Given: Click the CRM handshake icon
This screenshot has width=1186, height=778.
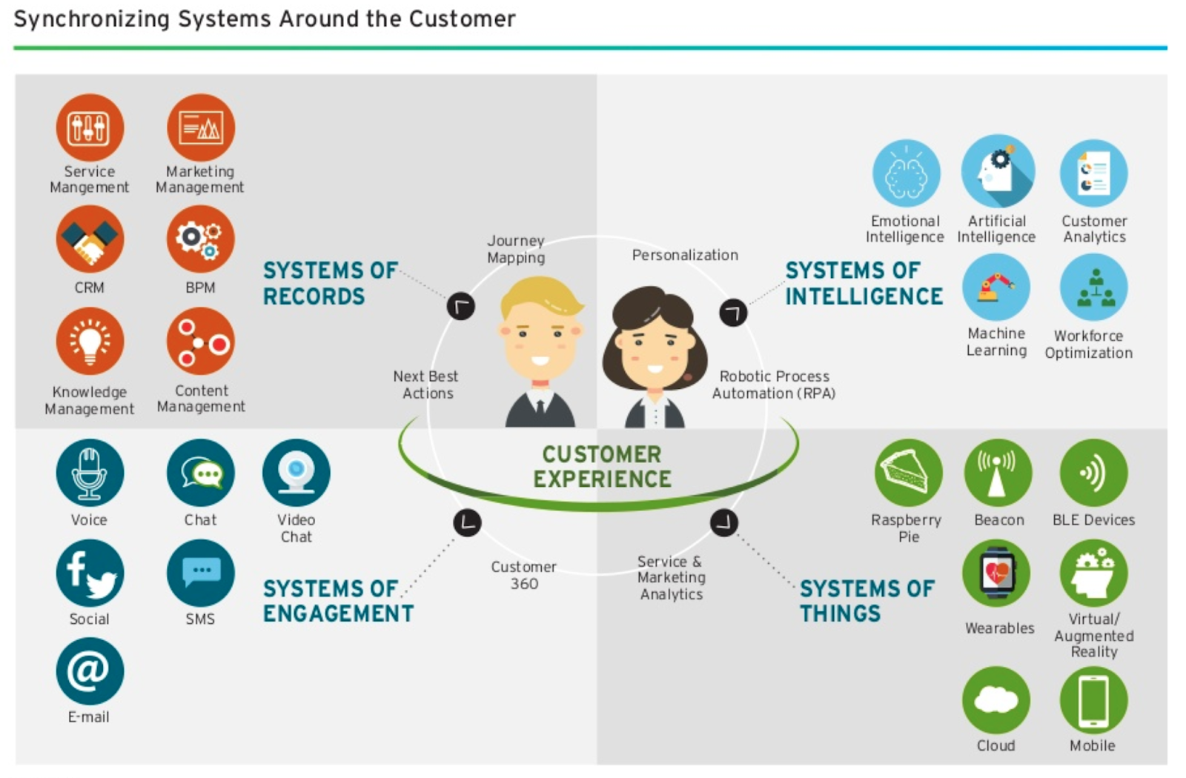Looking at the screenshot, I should tap(90, 239).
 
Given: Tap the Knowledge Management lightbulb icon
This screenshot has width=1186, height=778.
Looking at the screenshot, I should tap(90, 342).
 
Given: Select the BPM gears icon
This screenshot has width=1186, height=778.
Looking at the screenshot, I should tap(200, 239).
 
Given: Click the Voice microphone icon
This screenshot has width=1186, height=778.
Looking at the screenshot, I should tap(90, 473).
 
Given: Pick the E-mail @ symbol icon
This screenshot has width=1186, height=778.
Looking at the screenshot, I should tap(90, 671).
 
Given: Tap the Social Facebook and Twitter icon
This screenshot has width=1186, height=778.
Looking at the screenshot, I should tap(90, 573).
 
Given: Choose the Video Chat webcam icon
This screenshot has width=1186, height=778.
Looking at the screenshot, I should tap(296, 473).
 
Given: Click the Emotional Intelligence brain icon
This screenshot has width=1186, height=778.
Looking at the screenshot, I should tap(906, 173).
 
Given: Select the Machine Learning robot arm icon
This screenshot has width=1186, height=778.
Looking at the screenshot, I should tap(995, 287).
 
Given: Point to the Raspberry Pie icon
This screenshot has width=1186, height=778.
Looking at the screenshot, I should tap(908, 473).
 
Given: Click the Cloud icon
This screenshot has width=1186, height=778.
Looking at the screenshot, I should tap(995, 699).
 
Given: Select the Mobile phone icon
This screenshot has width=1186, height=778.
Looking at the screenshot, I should tap(1093, 699).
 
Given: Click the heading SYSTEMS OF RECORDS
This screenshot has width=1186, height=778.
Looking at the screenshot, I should tap(330, 283).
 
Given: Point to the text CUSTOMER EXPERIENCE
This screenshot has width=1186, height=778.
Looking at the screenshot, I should tap(602, 467).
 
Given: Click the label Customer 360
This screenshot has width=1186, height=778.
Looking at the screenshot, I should tap(523, 575).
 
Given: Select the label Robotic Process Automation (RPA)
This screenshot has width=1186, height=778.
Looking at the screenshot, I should tap(774, 385).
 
